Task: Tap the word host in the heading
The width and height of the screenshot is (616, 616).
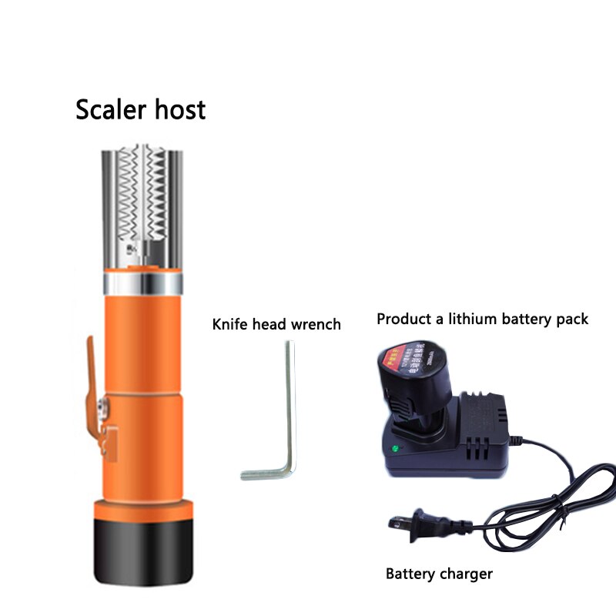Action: pyautogui.click(x=178, y=109)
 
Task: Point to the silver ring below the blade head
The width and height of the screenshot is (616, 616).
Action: pyautogui.click(x=143, y=285)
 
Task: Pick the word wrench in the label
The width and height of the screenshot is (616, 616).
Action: pyautogui.click(x=316, y=324)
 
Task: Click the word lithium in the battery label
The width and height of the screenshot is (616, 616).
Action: pyautogui.click(x=477, y=318)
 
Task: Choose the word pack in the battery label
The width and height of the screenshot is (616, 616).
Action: pyautogui.click(x=574, y=318)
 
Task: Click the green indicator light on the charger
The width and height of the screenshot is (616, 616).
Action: pyautogui.click(x=394, y=448)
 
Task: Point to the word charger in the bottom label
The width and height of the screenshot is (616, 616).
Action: pyautogui.click(x=466, y=574)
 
